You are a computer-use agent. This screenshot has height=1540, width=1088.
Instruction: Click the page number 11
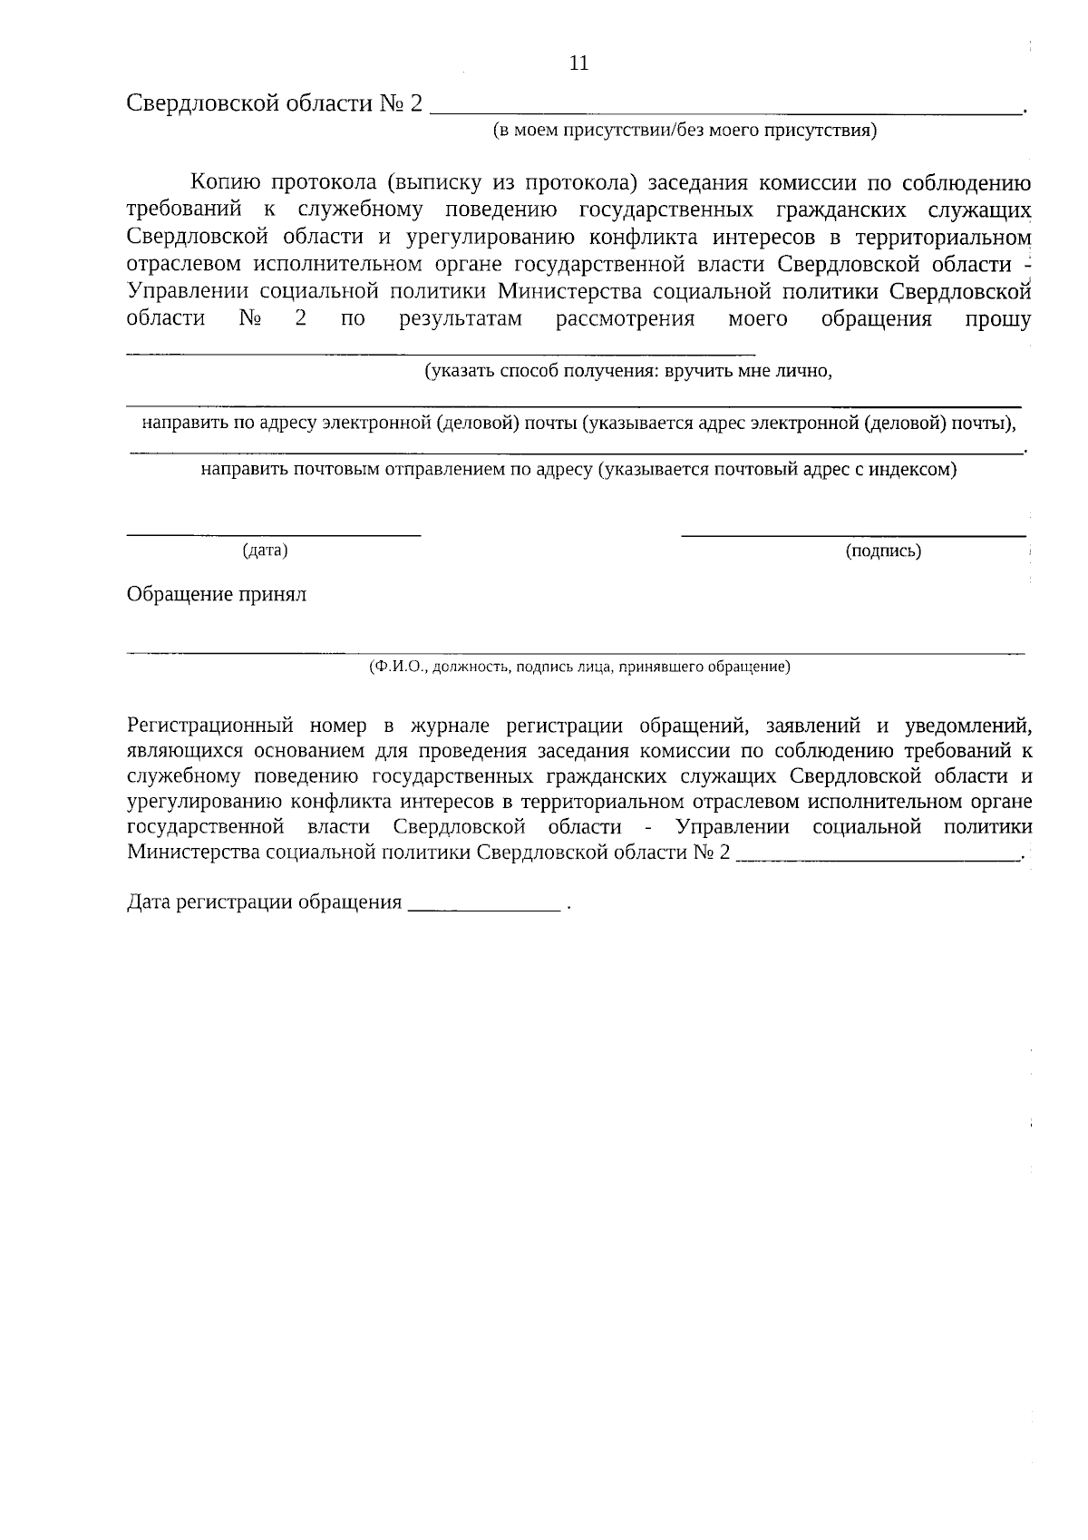coord(578,63)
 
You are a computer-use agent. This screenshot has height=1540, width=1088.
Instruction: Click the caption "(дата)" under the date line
coord(265,551)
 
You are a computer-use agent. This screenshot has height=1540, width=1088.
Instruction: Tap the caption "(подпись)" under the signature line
coord(883,551)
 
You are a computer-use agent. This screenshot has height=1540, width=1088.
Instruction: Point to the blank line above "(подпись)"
coord(853,535)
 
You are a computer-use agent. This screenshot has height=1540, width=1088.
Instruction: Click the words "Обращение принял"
coord(217,595)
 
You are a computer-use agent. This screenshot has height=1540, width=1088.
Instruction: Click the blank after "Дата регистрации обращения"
coord(485,906)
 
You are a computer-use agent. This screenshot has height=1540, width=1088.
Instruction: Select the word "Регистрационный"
coord(210,726)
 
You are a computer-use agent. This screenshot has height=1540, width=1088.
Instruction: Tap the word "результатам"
coord(461,319)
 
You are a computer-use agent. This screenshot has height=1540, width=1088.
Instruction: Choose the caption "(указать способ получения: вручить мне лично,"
coord(628,372)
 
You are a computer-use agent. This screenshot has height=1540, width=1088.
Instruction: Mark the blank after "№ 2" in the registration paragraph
coord(877,856)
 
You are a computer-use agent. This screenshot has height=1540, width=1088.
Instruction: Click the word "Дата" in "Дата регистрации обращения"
coord(150,903)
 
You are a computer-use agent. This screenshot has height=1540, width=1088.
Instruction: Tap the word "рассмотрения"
coord(625,319)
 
